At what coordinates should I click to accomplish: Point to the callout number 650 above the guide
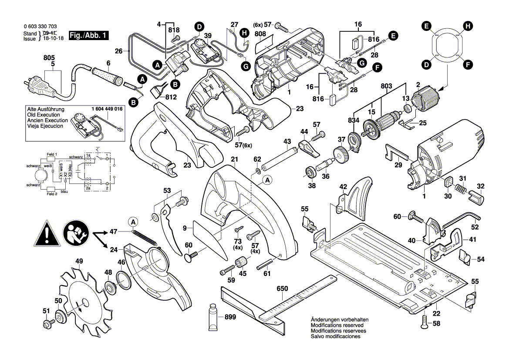282,289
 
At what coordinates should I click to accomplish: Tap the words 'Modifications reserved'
338,326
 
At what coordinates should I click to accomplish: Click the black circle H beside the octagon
468,26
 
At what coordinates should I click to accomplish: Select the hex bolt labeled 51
47,325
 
